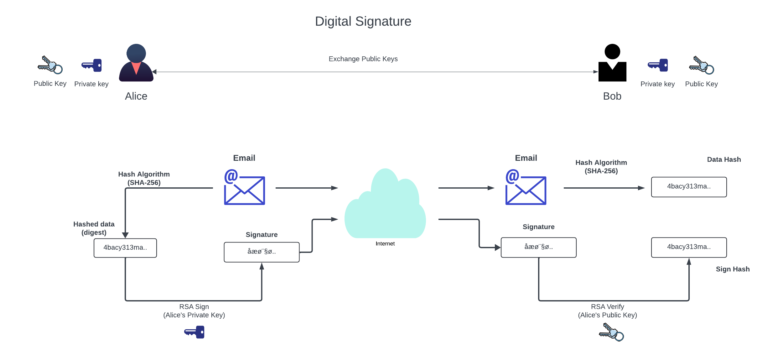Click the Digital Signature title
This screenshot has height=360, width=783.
363,21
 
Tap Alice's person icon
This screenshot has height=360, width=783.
136,63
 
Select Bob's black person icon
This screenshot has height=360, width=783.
612,63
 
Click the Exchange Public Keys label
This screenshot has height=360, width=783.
363,59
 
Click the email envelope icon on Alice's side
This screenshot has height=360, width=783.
245,187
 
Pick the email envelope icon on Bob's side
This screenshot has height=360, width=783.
526,187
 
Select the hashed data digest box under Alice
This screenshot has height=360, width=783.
125,248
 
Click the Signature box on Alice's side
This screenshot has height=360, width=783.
262,252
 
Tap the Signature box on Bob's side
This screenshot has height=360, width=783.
538,247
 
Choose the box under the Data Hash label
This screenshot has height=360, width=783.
689,187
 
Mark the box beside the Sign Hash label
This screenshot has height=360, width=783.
689,247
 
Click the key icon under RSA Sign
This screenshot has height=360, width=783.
194,332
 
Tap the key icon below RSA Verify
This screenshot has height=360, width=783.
611,332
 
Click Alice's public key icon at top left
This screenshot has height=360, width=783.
50,65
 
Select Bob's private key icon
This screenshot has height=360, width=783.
658,65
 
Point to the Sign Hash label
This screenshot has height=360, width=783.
733,269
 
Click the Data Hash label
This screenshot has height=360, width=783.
724,159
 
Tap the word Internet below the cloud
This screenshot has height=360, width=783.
385,244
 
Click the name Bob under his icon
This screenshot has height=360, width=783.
612,96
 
